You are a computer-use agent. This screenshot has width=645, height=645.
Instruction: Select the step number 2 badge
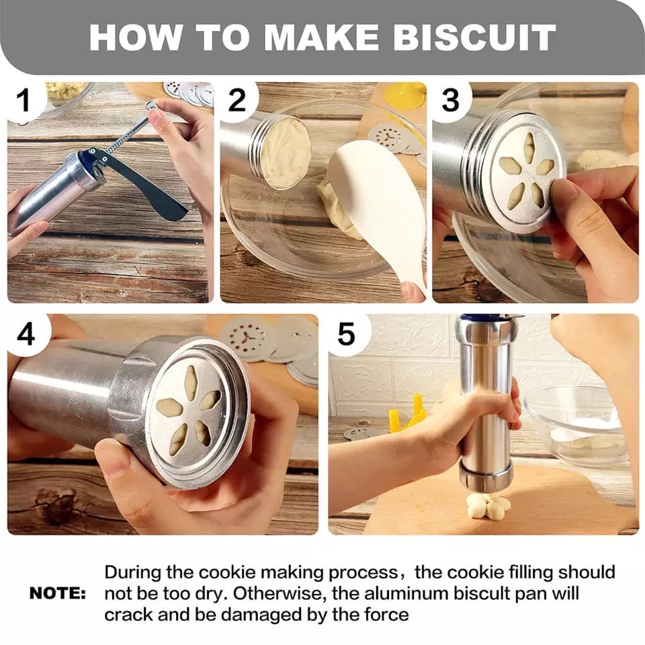coord(237,101)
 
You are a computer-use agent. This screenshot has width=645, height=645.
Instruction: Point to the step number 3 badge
coord(450,101)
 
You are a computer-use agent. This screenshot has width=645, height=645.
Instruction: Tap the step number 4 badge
coord(26,334)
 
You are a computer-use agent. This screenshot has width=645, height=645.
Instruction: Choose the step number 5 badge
coord(346,334)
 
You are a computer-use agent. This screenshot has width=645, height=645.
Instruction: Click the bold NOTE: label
coord(58,594)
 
